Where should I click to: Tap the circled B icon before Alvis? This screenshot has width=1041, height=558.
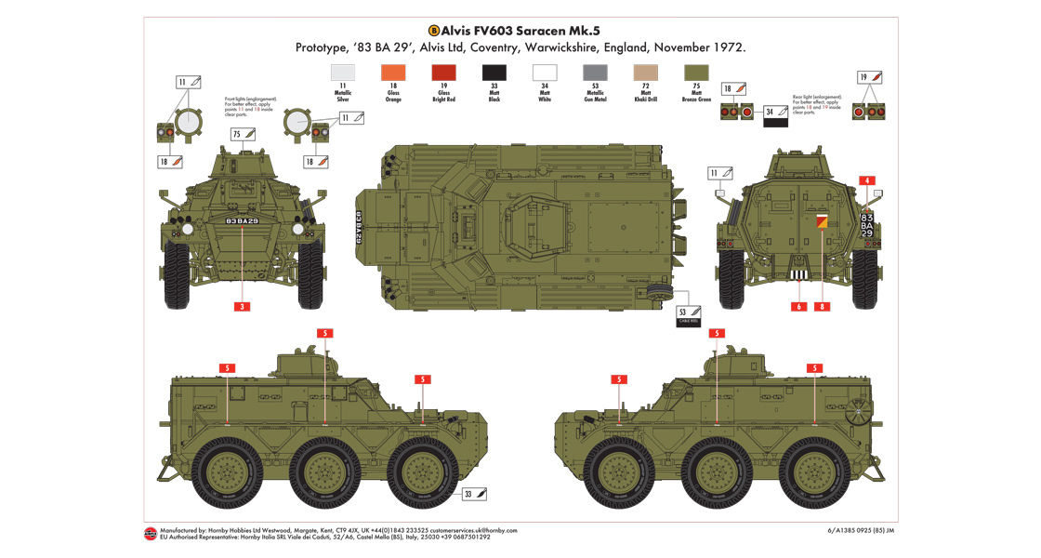(x=433, y=29)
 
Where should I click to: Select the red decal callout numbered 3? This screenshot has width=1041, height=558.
(x=242, y=306)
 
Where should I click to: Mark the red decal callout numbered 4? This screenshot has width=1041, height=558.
(x=866, y=179)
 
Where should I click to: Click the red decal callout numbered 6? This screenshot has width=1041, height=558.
(x=798, y=306)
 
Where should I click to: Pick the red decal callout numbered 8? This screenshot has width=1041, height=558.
(x=822, y=306)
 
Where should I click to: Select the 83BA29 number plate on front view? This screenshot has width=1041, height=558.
(x=242, y=220)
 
